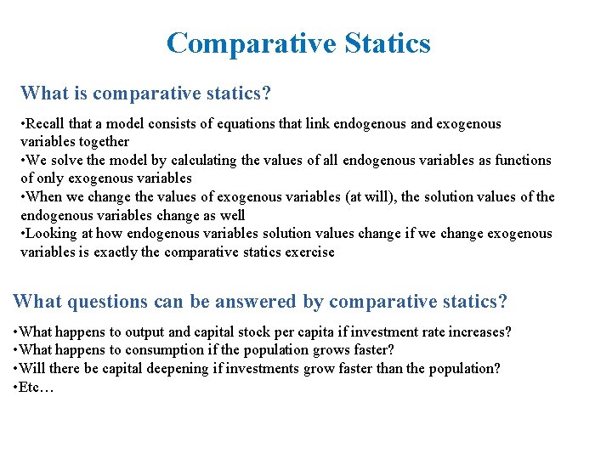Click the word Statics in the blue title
pyautogui.click(x=382, y=42)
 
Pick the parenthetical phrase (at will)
pyautogui.click(x=370, y=196)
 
